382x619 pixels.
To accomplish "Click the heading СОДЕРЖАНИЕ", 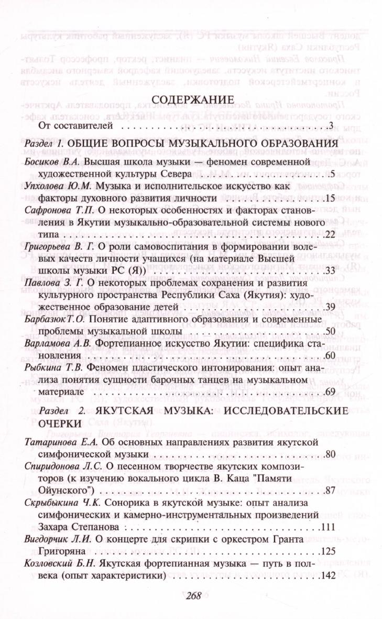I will (191, 100).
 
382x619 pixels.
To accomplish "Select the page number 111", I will (329, 526).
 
